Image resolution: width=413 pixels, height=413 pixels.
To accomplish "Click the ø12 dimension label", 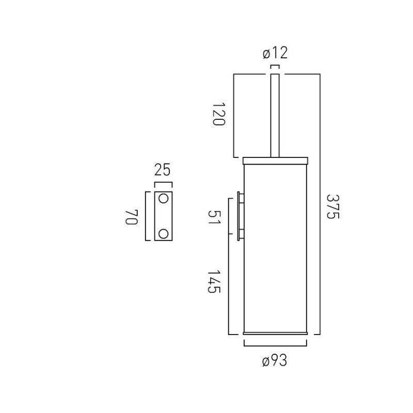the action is (275, 53).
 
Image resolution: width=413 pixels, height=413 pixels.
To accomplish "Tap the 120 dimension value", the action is (219, 114).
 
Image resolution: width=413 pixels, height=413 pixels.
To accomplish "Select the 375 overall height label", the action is (333, 207).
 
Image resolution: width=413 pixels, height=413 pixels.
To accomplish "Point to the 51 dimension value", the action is (214, 217).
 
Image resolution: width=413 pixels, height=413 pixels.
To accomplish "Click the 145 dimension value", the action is (214, 281).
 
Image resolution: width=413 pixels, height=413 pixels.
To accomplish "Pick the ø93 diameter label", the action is (275, 360).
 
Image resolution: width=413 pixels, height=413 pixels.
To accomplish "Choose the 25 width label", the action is (163, 170).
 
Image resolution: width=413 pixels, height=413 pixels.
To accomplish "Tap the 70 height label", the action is (132, 217).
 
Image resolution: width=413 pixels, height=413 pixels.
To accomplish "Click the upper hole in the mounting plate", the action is (163, 199).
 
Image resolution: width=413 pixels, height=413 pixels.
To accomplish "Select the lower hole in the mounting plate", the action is (163, 234).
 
